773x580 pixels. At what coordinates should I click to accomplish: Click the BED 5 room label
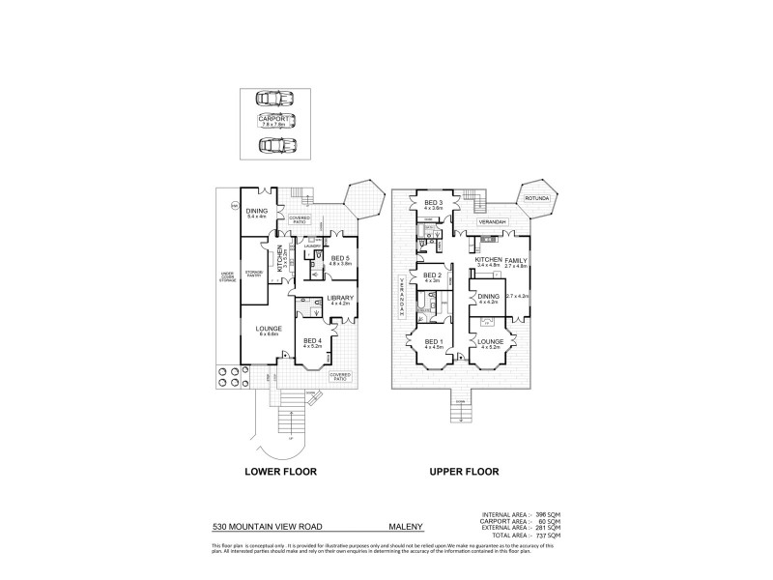[340, 258]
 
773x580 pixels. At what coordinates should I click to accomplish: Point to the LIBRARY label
[340, 298]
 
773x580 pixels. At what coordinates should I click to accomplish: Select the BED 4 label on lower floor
[313, 340]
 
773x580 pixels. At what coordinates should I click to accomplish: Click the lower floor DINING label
[256, 212]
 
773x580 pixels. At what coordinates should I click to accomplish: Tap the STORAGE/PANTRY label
[255, 273]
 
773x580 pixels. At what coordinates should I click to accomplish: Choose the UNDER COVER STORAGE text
[229, 280]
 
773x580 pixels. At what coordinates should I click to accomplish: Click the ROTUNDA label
[536, 199]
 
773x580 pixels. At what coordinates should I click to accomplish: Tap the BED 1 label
[432, 342]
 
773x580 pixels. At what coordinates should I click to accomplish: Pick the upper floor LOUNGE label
[490, 342]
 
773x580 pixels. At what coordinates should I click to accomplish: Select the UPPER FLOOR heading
[465, 472]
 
